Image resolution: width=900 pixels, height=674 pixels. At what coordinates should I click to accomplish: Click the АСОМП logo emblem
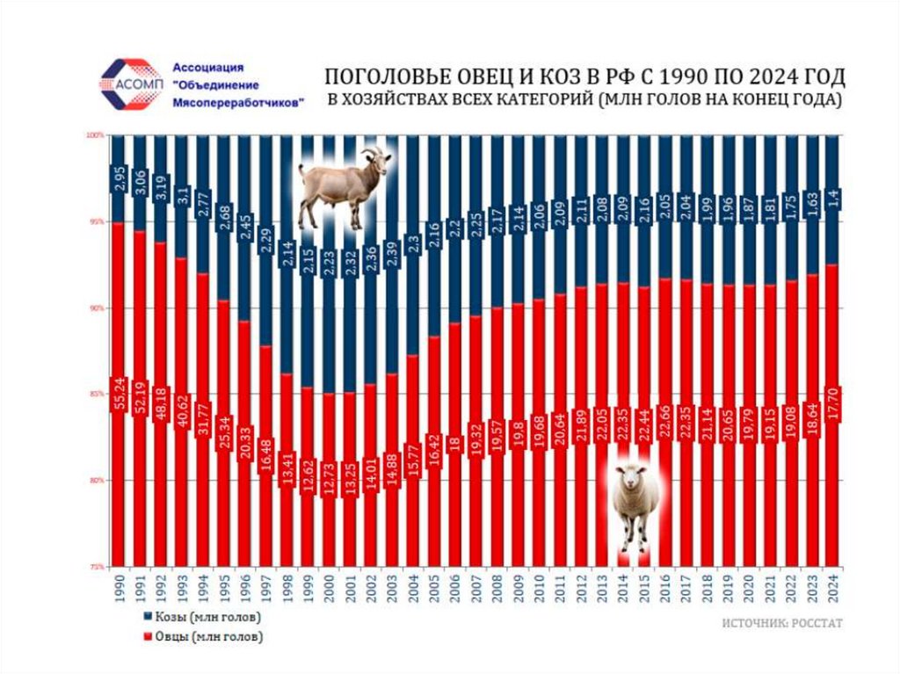[129, 83]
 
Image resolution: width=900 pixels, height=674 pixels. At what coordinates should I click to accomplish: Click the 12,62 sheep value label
[308, 465]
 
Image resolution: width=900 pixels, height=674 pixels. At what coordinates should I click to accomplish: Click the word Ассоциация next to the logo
[207, 68]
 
